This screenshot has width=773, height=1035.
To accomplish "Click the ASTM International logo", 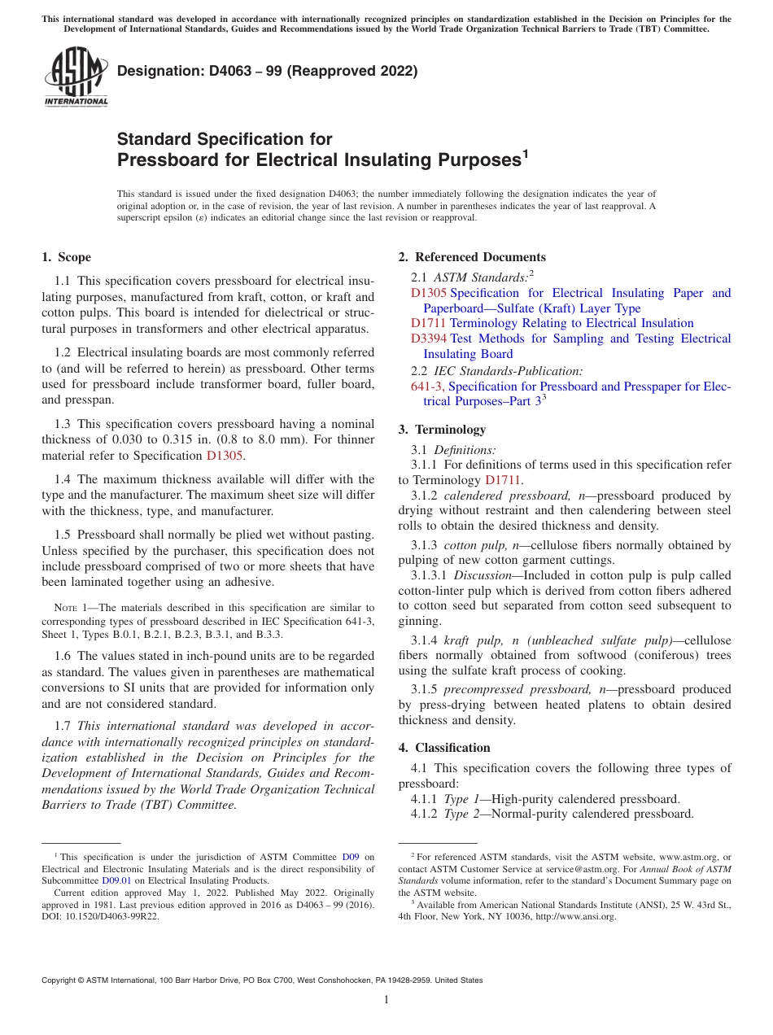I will click(76, 78).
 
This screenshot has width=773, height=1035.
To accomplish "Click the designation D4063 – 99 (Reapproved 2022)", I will click(267, 71).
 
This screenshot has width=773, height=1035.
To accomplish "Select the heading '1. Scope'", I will click(66, 257).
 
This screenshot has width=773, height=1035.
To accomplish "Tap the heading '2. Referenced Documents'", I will click(472, 257).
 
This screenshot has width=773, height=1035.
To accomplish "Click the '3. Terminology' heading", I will click(442, 429).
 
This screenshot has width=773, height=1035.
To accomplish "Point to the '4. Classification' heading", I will click(444, 747).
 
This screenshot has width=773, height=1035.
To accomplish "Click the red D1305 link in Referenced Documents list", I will click(429, 293).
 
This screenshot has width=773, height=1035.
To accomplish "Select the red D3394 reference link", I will click(429, 338).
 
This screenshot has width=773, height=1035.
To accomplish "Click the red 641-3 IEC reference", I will click(426, 386).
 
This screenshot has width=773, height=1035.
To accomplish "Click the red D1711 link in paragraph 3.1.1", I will click(502, 480).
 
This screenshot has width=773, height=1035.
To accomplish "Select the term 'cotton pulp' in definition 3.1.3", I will click(472, 544).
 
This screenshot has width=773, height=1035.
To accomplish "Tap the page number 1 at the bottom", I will click(386, 999).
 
